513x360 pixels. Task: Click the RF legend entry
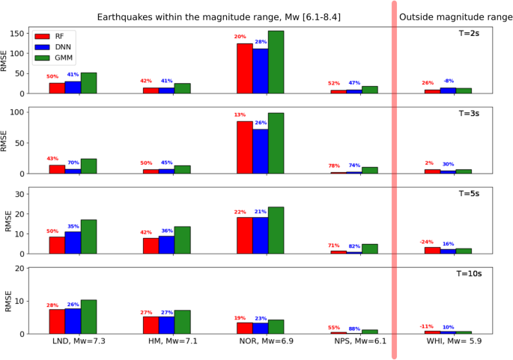pos(52,35)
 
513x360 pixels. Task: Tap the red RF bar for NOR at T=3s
pos(244,147)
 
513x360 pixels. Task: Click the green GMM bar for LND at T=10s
pos(88,317)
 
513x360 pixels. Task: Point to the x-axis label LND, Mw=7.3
pos(73,345)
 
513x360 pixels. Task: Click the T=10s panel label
pos(470,275)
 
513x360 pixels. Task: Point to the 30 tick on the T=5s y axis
pos(21,194)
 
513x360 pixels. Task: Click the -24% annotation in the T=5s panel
pos(427,242)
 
